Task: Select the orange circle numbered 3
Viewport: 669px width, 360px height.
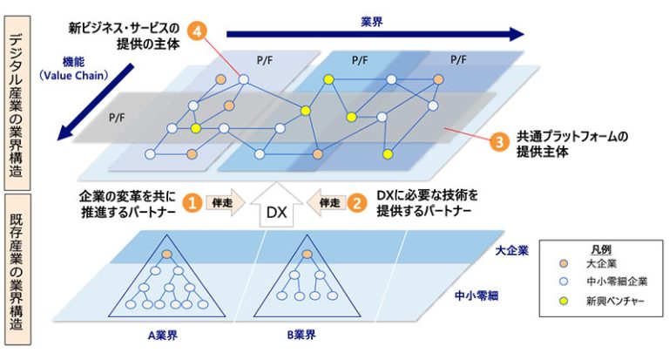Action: (498, 143)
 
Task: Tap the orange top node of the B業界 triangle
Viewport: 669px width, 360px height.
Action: (305, 254)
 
